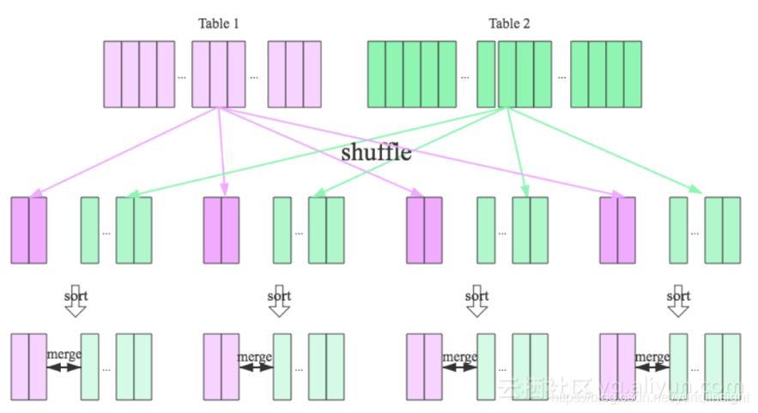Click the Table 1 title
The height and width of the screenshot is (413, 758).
219,23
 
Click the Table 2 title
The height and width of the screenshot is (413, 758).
509,23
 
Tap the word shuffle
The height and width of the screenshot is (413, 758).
376,153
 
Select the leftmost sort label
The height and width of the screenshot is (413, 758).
76,296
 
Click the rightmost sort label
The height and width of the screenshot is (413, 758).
678,296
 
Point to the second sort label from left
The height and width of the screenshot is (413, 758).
279,296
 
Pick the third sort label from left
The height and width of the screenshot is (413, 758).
476,296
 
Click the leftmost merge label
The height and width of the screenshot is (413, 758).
63,355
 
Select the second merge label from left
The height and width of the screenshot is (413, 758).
255,356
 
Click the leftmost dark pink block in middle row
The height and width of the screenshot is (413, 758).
28,230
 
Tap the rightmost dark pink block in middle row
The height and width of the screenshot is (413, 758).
617,230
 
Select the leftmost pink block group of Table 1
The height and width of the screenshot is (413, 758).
139,74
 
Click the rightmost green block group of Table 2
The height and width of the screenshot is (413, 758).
605,74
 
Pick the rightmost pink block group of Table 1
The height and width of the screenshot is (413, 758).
294,74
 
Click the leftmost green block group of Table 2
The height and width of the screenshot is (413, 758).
412,74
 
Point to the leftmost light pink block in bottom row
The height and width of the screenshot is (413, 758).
28,367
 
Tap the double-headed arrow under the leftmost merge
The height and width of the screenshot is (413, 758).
63,367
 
